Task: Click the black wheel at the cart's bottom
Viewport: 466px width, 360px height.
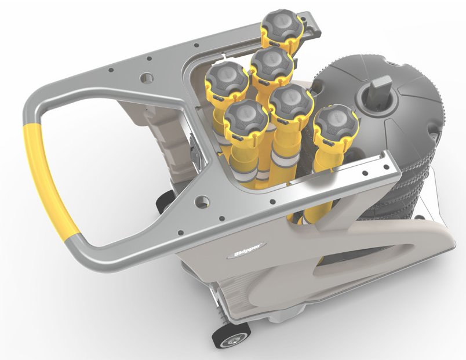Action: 231,335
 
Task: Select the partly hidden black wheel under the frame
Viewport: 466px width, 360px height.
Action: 165,202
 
